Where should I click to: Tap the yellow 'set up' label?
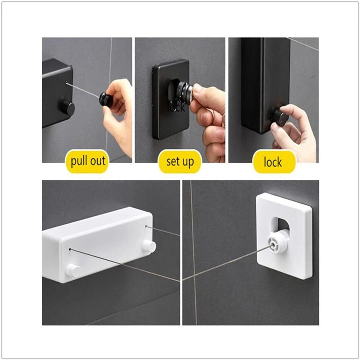click(x=180, y=161)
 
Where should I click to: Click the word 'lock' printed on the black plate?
click(x=176, y=107)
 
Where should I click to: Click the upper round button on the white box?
click(x=149, y=247)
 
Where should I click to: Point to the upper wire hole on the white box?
click(x=146, y=226)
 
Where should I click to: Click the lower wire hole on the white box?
click(x=70, y=249)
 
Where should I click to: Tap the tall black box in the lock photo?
click(x=265, y=85)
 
